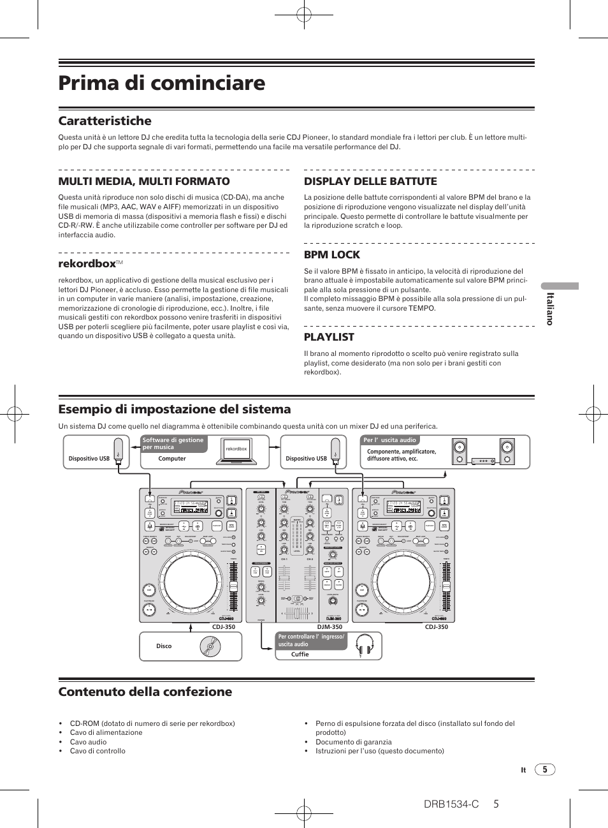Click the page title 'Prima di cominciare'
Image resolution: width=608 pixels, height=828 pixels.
click(162, 83)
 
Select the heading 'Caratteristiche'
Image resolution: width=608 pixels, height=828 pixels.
click(105, 121)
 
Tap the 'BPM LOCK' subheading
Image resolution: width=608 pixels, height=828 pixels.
click(332, 255)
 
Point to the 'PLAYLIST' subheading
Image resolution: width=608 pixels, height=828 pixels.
click(329, 337)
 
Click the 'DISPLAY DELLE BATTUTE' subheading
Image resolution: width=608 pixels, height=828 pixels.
click(370, 181)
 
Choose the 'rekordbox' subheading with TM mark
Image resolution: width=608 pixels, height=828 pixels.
click(88, 263)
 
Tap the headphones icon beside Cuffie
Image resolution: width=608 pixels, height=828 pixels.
click(364, 645)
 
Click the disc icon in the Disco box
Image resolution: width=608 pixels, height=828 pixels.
click(210, 647)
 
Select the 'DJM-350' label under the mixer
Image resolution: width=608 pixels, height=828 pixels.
click(329, 627)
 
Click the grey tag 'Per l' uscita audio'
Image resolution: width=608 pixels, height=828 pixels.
click(389, 440)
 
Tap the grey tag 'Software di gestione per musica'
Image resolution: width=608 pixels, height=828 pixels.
click(173, 443)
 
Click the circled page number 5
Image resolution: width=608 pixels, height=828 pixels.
click(545, 769)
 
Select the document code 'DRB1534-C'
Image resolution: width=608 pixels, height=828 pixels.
click(451, 804)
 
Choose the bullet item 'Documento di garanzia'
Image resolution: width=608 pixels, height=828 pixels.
click(354, 742)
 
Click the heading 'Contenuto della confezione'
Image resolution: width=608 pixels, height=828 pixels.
click(145, 691)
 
